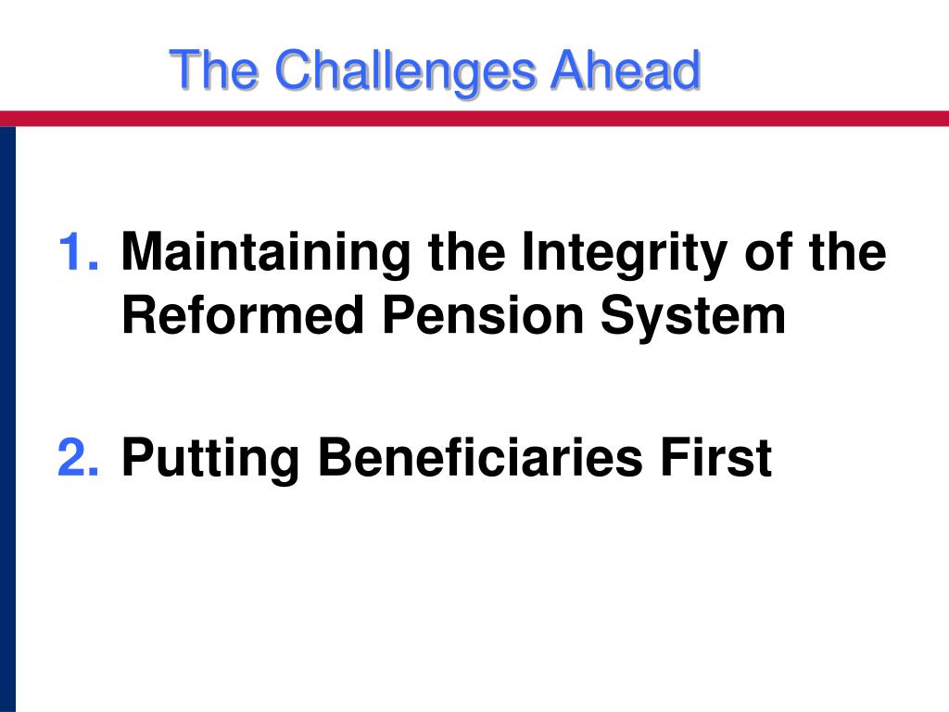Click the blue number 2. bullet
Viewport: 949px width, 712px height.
79,457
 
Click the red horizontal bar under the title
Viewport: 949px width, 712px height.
474,119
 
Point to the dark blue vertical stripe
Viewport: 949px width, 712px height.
7,417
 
